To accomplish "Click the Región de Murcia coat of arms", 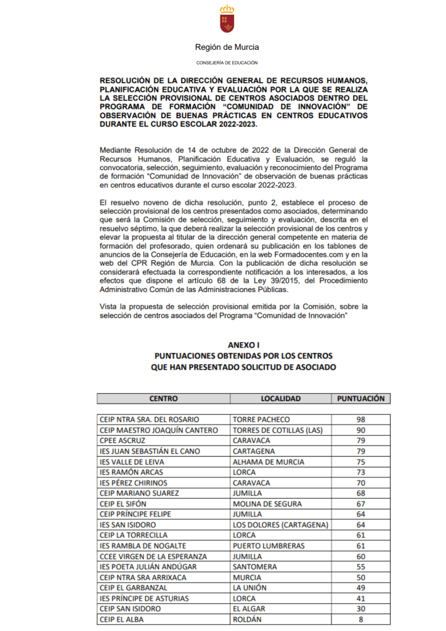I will click(227, 19).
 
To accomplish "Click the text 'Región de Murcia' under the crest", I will click(227, 47).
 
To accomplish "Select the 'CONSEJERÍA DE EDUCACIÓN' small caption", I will click(227, 63).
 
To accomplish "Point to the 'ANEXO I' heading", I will click(244, 345).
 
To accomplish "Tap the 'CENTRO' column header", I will click(163, 399).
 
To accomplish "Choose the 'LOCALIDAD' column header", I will click(280, 399).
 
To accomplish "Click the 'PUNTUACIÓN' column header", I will click(361, 399).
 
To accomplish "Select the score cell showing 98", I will click(361, 420).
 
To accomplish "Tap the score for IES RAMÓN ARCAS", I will click(361, 472).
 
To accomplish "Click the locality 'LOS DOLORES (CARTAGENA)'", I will click(280, 524).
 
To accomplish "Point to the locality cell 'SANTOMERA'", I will click(254, 566).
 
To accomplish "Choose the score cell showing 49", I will click(361, 587).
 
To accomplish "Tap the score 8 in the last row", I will click(361, 619).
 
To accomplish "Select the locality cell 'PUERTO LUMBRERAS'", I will click(269, 545).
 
